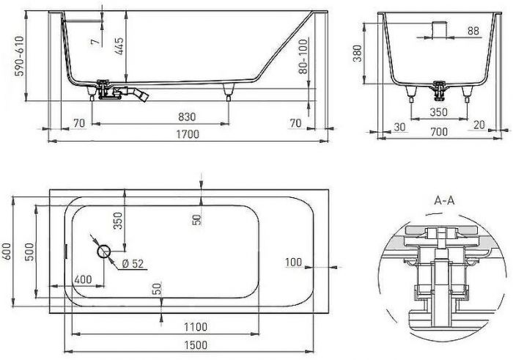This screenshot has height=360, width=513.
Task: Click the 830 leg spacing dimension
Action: tap(188, 117)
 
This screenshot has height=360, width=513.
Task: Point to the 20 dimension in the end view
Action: tap(479, 124)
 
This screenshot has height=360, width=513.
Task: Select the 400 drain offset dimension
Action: tap(83, 279)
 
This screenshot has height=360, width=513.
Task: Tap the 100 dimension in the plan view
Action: tap(295, 261)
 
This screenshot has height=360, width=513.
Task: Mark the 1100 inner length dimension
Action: tap(196, 327)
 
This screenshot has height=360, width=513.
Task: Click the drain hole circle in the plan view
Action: tap(103, 251)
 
